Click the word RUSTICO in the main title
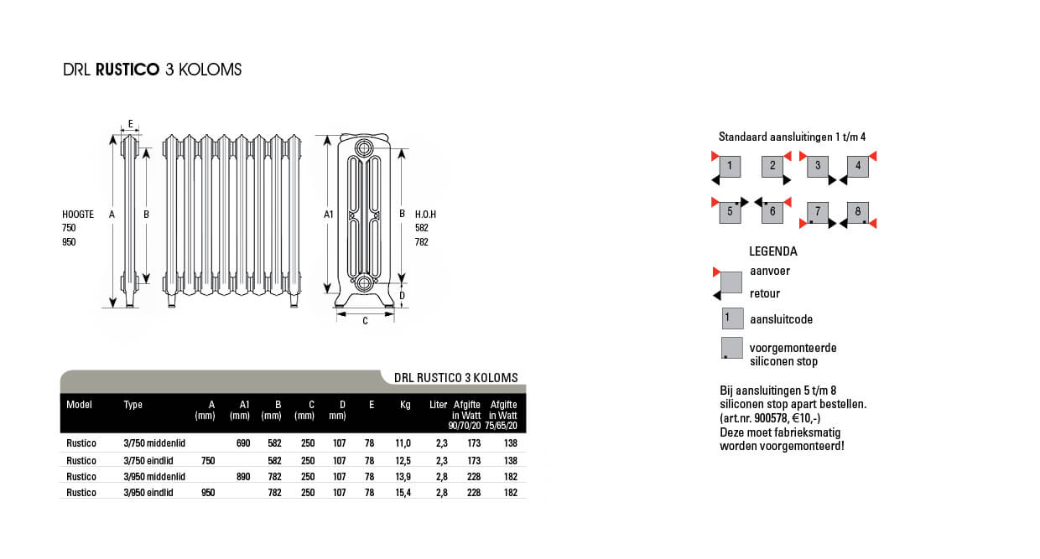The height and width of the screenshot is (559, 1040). coord(127,70)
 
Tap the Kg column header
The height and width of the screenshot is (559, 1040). coord(405,405)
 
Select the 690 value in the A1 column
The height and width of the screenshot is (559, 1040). coord(243,443)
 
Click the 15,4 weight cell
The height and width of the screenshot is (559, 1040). coord(403,492)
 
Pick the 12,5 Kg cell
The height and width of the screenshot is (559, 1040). coord(403,461)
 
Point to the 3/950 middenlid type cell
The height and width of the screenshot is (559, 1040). coord(154,476)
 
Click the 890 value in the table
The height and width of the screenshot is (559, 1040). coord(243,476)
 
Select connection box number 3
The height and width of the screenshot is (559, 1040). coord(818,166)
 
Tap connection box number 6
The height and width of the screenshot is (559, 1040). coord(772,212)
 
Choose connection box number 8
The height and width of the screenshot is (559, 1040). coord(857,213)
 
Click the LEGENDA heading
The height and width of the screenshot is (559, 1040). coord(773,251)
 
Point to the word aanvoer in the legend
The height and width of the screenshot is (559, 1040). coord(770,271)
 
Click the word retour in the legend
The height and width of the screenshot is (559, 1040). coord(765,293)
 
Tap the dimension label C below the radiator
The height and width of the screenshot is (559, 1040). coord(365,321)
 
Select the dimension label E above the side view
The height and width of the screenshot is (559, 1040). coord(131,124)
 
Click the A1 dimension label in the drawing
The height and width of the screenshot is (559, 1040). coord(328,215)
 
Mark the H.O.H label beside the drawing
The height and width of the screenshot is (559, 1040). coord(425,215)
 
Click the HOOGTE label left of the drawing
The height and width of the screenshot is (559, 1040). coord(78,215)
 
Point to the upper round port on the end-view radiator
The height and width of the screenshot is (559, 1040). coord(364,149)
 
